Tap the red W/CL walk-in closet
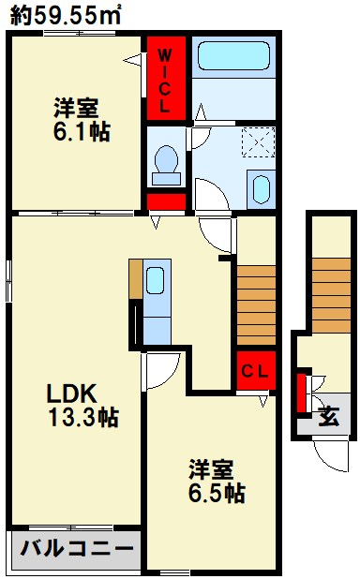(x=164, y=80)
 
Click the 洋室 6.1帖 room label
(x=80, y=120)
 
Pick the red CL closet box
(x=255, y=370)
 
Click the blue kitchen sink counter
(x=156, y=291)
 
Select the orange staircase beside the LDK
(x=255, y=303)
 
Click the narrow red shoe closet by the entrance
(x=303, y=393)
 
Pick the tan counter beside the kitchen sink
(x=136, y=279)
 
